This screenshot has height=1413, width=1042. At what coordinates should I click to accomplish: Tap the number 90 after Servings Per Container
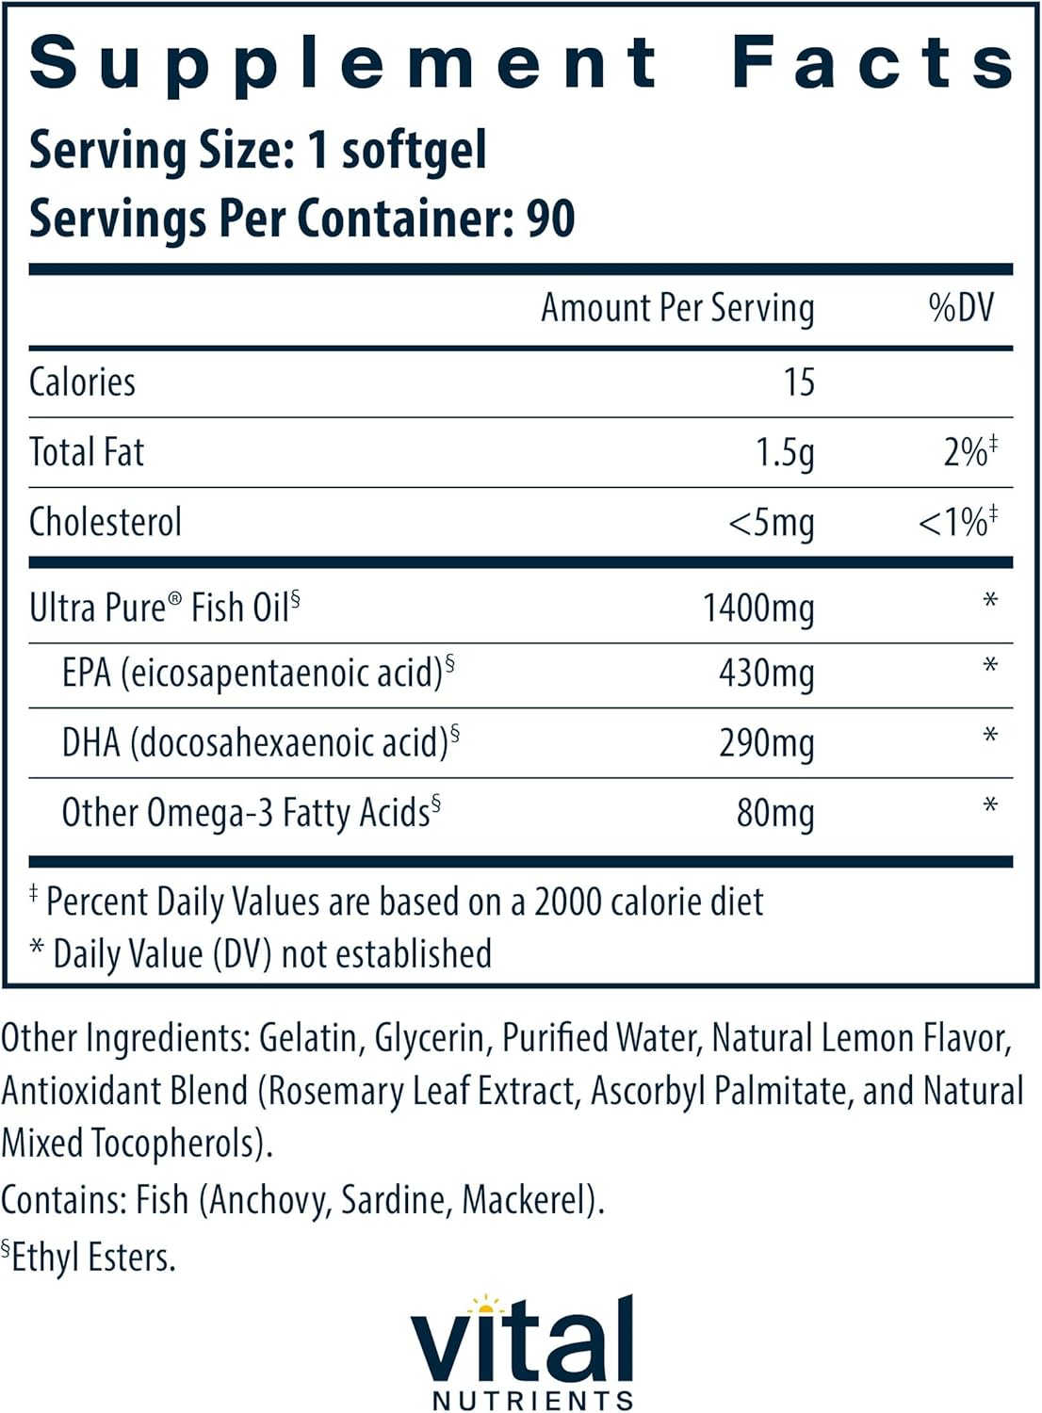click(550, 219)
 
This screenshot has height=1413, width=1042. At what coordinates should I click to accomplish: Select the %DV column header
click(961, 308)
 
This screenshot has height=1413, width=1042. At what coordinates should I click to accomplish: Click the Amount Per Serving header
click(677, 308)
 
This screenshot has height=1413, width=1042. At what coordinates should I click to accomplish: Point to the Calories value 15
click(798, 382)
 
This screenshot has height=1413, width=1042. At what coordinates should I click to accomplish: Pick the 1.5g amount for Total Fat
click(784, 453)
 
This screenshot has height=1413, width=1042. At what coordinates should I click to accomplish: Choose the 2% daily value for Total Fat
click(968, 452)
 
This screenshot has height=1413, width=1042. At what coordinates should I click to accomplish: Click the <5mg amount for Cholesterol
click(771, 523)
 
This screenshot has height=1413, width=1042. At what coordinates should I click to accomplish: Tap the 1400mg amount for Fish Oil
click(758, 609)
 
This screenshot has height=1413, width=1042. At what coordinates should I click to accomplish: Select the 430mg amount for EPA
click(766, 674)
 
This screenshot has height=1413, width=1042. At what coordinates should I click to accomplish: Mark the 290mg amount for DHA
click(766, 744)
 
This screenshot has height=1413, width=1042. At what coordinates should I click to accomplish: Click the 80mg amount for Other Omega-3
click(774, 813)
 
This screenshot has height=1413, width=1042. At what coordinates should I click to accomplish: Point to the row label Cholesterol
click(106, 523)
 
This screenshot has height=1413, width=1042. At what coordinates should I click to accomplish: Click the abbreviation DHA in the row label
click(91, 743)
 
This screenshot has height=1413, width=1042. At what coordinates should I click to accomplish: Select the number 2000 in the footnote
click(568, 902)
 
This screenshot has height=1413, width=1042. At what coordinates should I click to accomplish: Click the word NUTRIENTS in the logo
click(532, 1401)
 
